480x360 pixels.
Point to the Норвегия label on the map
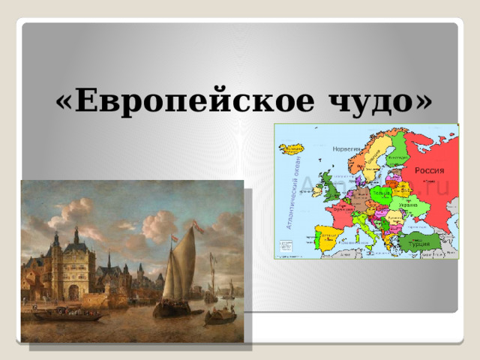tap(346, 148)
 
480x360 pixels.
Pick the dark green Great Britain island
tap(330, 186)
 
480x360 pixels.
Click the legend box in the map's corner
tap(286, 246)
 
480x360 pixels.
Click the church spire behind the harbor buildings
tap(109, 259)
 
